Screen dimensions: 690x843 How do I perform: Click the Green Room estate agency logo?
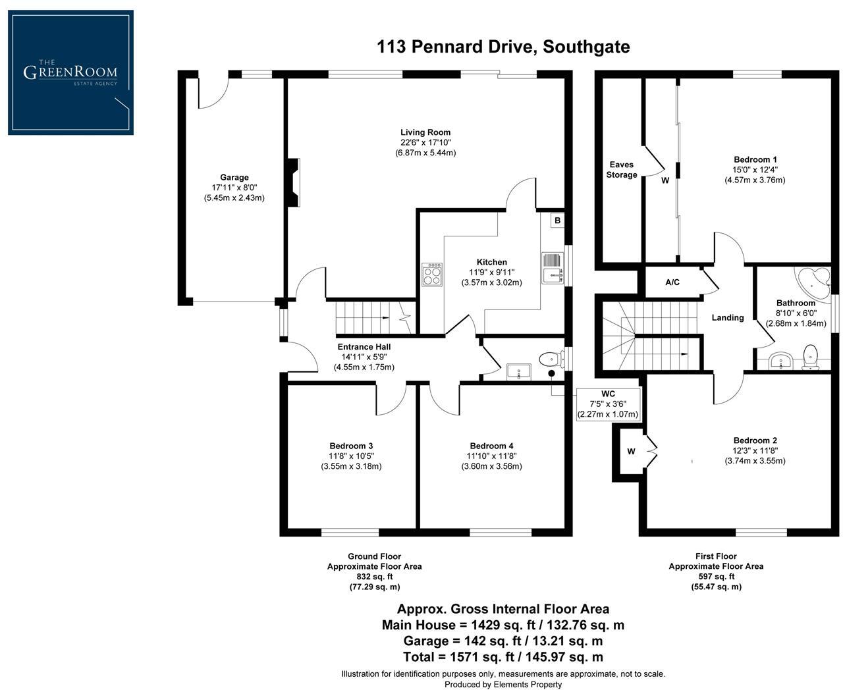pyautogui.click(x=70, y=72)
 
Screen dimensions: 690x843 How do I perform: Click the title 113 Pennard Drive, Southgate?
pyautogui.click(x=503, y=47)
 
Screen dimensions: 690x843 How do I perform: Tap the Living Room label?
pyautogui.click(x=425, y=132)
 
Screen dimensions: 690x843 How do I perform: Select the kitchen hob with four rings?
pyautogui.click(x=432, y=274)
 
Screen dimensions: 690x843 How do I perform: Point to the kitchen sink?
pyautogui.click(x=552, y=268)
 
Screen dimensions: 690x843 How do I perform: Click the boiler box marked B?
pyautogui.click(x=557, y=221)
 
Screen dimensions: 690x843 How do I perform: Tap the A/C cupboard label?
pyautogui.click(x=672, y=282)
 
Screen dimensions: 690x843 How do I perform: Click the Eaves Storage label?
pyautogui.click(x=622, y=170)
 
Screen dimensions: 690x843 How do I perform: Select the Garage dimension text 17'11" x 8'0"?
pyautogui.click(x=234, y=188)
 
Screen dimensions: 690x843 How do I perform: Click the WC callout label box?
pyautogui.click(x=608, y=404)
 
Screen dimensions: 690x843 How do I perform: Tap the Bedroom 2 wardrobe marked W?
pyautogui.click(x=631, y=452)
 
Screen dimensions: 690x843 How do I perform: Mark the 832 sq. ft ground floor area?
pyautogui.click(x=374, y=576)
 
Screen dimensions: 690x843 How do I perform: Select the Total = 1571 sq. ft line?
pyautogui.click(x=503, y=656)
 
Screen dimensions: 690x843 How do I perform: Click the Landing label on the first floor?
pyautogui.click(x=728, y=317)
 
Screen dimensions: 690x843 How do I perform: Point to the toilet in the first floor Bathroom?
pyautogui.click(x=811, y=358)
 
